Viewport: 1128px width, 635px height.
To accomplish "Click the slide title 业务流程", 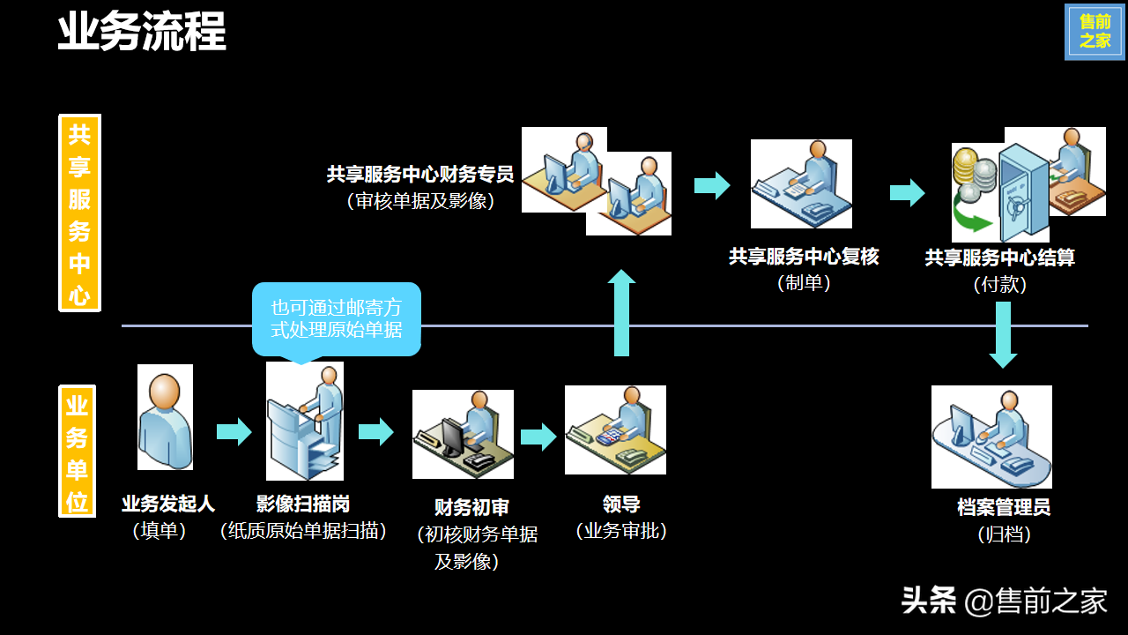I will pos(142,32).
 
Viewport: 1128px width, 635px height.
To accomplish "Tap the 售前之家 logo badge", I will pos(1095,32).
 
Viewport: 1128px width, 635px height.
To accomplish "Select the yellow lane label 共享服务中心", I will pos(79,213).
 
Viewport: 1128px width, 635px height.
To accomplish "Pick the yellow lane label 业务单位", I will pos(77,451).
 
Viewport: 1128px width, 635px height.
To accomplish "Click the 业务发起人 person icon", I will pos(165,417).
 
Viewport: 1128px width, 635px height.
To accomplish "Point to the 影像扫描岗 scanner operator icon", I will pos(305,421).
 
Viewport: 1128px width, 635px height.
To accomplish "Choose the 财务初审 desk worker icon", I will pos(463,434).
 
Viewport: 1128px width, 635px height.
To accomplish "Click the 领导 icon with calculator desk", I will pos(615,430).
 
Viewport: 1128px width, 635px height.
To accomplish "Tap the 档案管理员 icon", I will pos(991,437).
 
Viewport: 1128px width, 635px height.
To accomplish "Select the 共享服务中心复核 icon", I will pos(801,183).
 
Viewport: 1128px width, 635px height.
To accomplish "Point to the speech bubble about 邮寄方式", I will pos(336,318).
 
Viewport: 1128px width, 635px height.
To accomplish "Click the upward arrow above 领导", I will pos(621,313).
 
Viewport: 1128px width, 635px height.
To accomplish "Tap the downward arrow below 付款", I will pos(1003,334).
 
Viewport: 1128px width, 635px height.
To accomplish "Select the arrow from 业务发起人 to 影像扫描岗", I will pos(234,432).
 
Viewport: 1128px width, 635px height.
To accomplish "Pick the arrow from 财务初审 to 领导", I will pos(538,437).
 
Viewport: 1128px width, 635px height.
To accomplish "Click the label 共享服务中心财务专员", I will pos(419,175).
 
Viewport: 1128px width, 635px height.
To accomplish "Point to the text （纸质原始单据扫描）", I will pos(303,531).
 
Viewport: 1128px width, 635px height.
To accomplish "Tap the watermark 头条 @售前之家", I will pos(1004,601).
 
